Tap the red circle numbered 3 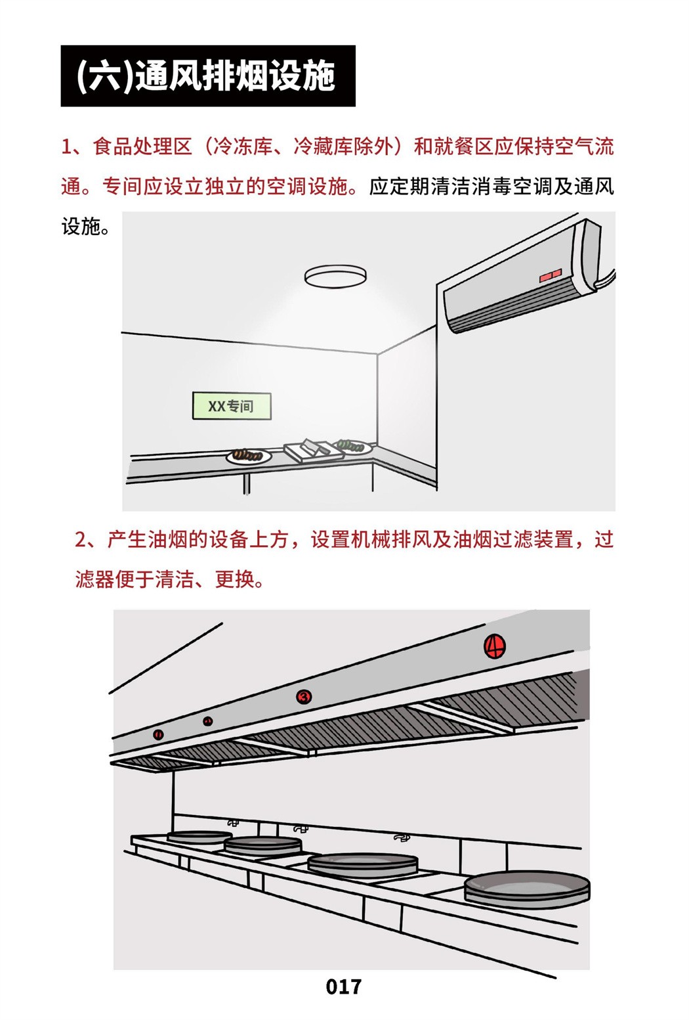(x=304, y=696)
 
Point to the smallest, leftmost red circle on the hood (x=158, y=734)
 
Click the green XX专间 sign (x=232, y=406)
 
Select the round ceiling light (x=335, y=277)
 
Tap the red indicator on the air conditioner (x=551, y=275)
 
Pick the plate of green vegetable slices (x=353, y=446)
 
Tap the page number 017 (x=344, y=987)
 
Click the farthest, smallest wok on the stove (x=199, y=835)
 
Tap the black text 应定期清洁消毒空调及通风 (x=491, y=187)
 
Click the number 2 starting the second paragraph (x=81, y=541)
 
